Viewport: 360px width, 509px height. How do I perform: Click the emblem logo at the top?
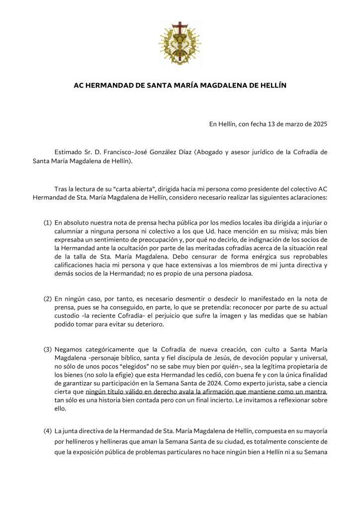pyautogui.click(x=180, y=44)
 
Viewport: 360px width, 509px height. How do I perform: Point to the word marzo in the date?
pyautogui.click(x=286, y=124)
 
